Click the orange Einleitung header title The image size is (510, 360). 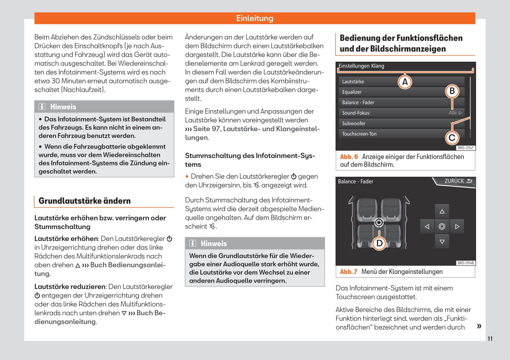[254, 18]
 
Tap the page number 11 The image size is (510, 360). [490, 339]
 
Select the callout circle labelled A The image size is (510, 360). [405, 82]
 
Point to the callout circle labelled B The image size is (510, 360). [452, 91]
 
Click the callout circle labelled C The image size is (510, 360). [452, 138]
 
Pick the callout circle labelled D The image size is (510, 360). [379, 243]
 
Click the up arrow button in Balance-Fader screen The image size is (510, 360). [442, 211]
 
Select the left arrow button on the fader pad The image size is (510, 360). [427, 227]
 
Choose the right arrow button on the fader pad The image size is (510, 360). [457, 227]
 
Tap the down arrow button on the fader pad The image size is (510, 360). [442, 242]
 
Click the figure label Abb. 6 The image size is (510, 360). [349, 157]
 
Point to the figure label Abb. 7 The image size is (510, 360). [349, 272]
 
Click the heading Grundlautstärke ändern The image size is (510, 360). [85, 201]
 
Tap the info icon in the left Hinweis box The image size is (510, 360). [42, 107]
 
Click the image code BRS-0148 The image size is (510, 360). [465, 263]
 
